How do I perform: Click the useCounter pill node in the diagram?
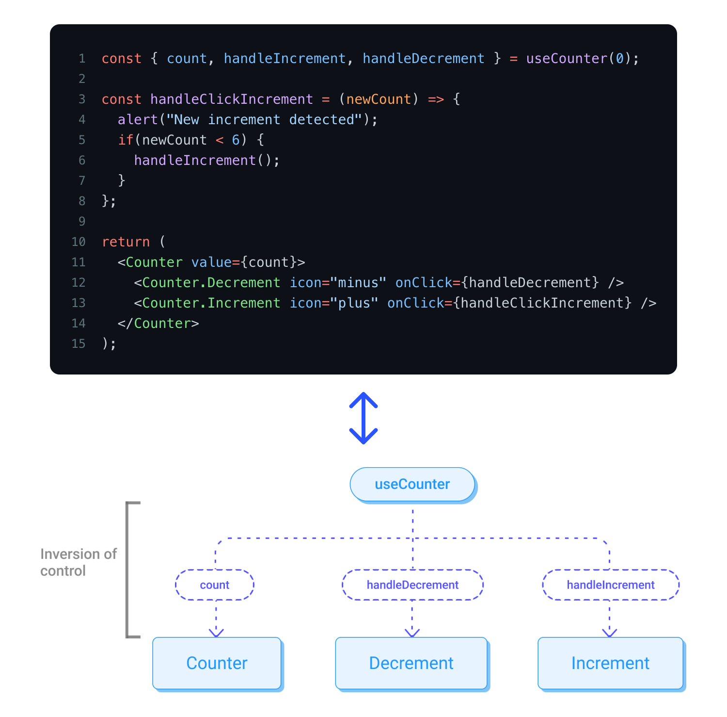coord(412,484)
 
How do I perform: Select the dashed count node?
coord(215,585)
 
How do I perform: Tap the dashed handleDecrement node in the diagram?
coord(412,585)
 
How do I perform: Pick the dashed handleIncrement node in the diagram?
coord(611,585)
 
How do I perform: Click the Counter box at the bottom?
coord(217,663)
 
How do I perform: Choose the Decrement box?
coord(411,663)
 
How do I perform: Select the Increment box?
coord(610,663)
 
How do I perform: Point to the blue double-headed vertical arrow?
coord(363,418)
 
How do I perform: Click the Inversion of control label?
coord(78,562)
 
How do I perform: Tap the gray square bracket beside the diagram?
coord(128,570)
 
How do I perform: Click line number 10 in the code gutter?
coord(79,242)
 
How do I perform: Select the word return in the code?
coord(126,242)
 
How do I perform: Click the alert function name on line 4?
coord(138,119)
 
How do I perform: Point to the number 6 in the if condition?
coord(236,140)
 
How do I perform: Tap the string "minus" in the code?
coord(358,282)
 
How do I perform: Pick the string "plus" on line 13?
coord(354,303)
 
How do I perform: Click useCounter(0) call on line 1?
coord(579,58)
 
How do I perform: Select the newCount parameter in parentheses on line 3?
coord(379,99)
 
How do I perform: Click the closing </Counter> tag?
coord(158,323)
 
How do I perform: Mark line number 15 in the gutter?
coord(79,343)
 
